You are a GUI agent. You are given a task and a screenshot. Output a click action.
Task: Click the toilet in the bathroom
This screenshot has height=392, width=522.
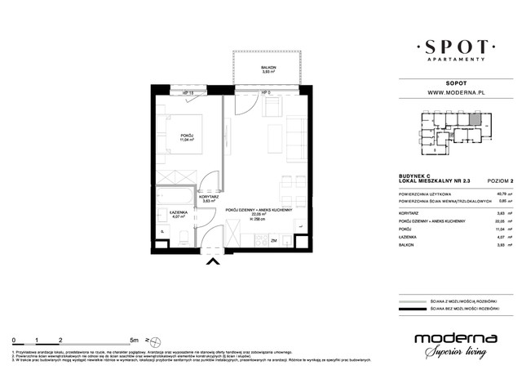tap(186, 235)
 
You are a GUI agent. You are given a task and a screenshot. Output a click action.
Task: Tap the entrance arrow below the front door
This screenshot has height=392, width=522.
tap(215, 261)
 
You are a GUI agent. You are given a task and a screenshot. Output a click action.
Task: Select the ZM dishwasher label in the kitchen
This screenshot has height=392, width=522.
tap(275, 242)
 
